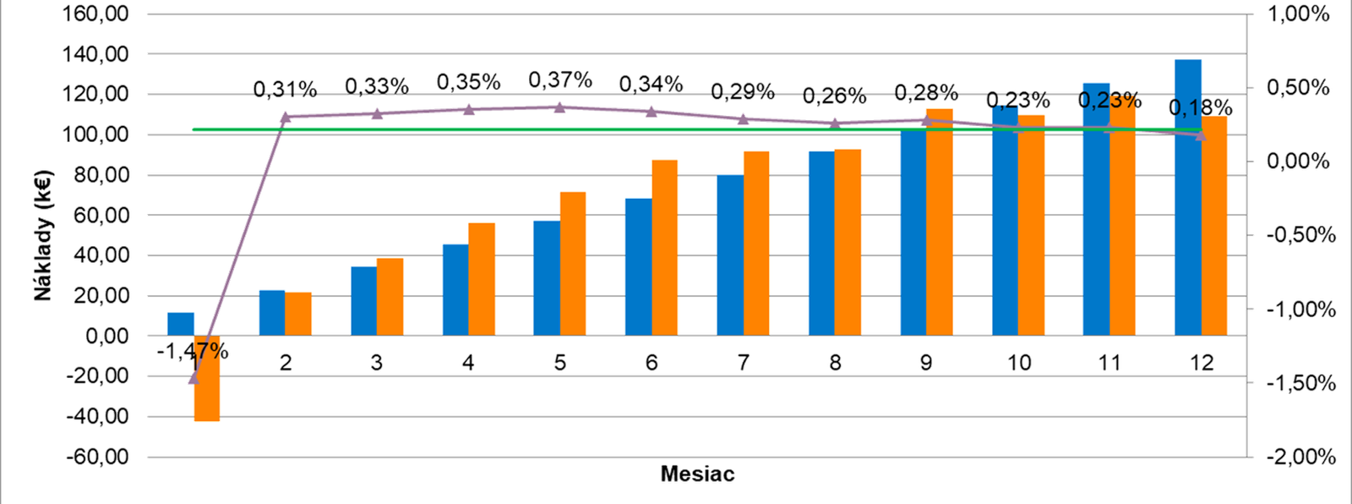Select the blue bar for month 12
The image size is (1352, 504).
pos(1188,196)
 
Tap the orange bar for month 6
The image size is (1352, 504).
pos(664,247)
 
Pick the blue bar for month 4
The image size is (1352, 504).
pos(455,289)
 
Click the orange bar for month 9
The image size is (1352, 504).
pos(939,222)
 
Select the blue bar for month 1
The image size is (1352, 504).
pos(181,324)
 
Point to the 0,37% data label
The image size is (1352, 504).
pos(559,80)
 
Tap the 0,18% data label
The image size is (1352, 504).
pos(1201,108)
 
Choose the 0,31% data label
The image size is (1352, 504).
pos(286,89)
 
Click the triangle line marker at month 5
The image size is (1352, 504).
pos(559,107)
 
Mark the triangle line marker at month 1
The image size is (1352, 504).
pos(194,378)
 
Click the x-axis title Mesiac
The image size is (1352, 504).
pos(697,474)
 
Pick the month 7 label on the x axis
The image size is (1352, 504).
pos(743,363)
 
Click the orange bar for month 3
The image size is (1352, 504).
pos(390,296)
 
